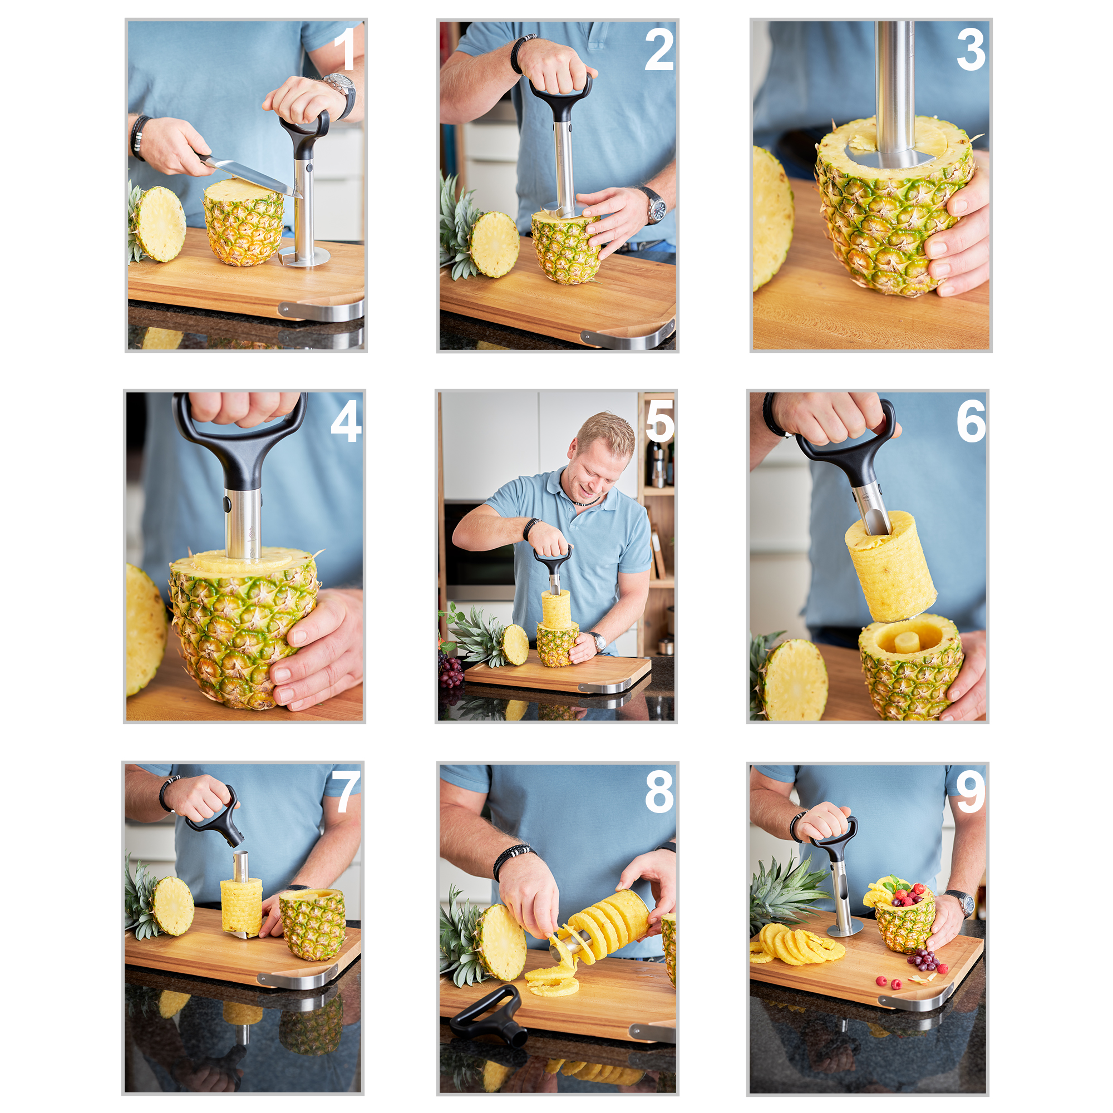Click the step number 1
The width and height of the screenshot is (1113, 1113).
click(344, 49)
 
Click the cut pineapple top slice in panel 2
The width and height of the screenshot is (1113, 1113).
click(494, 244)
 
